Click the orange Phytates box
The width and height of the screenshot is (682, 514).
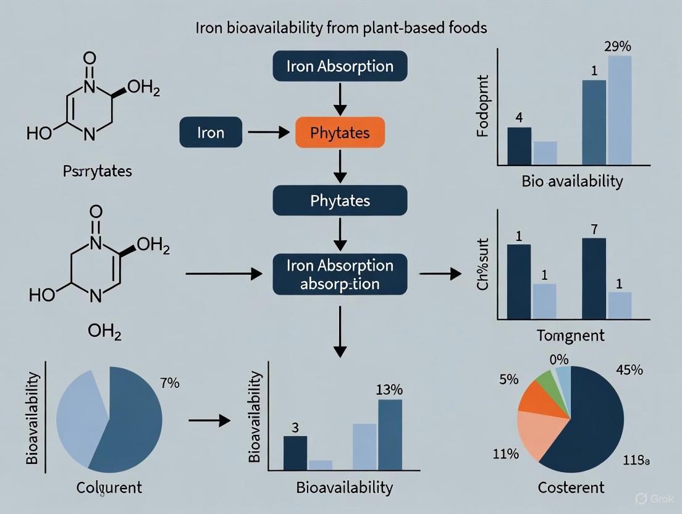coord(340,133)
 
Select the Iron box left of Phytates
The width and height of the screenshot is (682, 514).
coord(210,133)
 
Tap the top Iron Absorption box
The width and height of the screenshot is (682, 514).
coord(340,67)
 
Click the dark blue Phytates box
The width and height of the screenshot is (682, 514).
coord(340,201)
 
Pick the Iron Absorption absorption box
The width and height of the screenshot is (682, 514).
coord(340,275)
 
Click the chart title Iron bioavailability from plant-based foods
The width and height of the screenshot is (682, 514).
coord(340,28)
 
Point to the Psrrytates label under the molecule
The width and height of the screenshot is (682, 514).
coord(97,171)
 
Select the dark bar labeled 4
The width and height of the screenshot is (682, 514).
coord(519,146)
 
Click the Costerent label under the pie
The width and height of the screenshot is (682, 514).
coord(570,487)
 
